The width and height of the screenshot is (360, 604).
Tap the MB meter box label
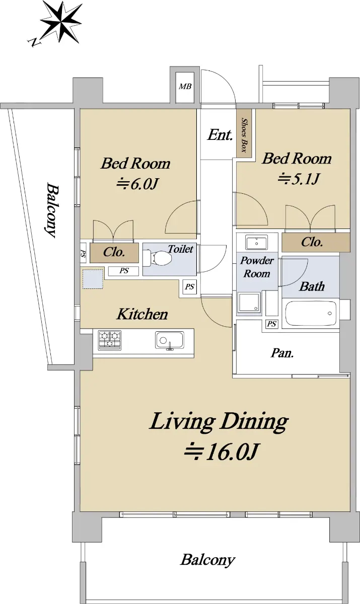click(x=185, y=86)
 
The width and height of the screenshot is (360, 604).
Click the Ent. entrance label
click(x=220, y=135)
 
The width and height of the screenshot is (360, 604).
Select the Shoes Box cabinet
click(x=244, y=134)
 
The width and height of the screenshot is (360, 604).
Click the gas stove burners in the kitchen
click(x=109, y=340)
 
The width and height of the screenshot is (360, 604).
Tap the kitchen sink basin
click(x=169, y=340)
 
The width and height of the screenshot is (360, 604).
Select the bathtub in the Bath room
click(x=311, y=313)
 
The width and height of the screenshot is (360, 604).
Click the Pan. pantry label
click(x=282, y=353)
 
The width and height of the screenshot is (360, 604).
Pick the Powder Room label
click(x=257, y=267)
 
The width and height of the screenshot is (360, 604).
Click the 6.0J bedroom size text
click(x=137, y=184)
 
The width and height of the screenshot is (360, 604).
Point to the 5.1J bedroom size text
click(x=299, y=179)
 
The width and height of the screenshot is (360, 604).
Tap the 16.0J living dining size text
click(x=222, y=451)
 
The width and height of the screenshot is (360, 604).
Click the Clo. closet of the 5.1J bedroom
click(x=316, y=243)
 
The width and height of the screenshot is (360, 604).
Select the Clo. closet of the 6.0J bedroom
click(x=114, y=253)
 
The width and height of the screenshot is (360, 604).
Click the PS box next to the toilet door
click(x=190, y=286)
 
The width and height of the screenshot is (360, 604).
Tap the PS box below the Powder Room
click(x=271, y=324)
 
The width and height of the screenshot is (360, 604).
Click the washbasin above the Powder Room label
click(x=256, y=242)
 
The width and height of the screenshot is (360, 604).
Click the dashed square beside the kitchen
click(x=93, y=279)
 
